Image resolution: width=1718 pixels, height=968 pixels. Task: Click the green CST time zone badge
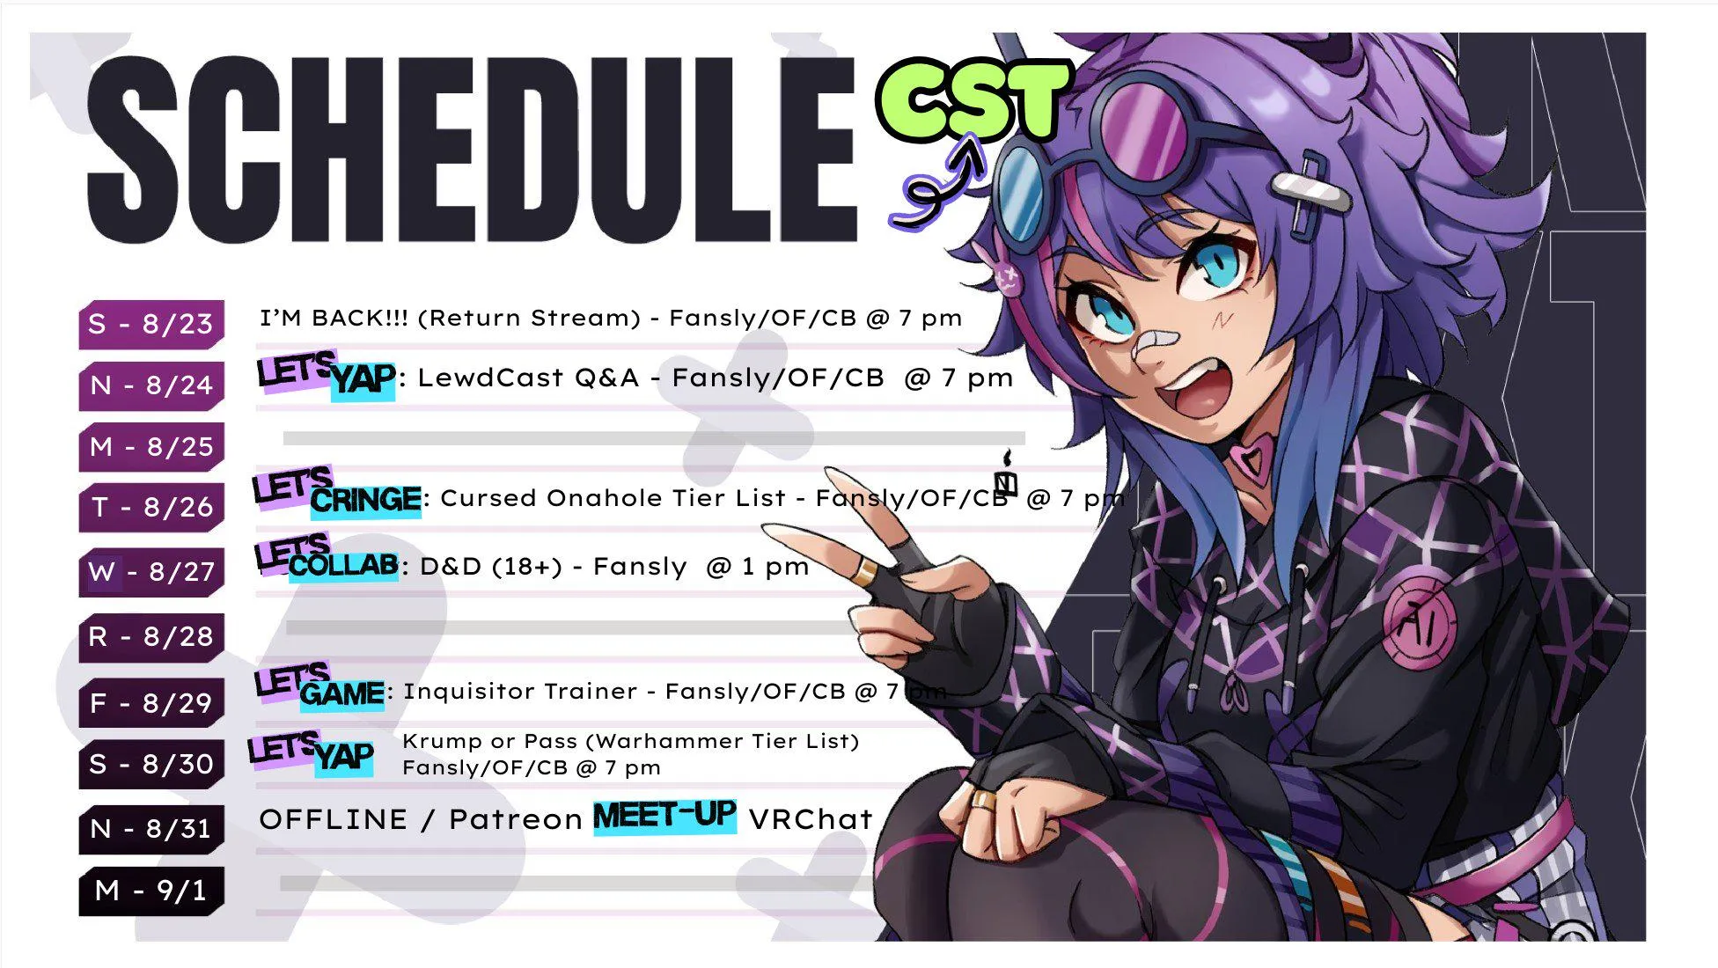pos(973,99)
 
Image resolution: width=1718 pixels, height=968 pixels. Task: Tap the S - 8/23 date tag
pos(151,324)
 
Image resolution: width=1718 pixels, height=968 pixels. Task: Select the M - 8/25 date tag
pos(151,446)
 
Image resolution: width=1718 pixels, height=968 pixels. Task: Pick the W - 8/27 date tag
pos(151,572)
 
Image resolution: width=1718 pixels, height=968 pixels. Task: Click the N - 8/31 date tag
pos(151,828)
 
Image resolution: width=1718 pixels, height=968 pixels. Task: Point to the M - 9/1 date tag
pos(151,891)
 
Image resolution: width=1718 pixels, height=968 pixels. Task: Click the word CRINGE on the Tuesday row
pos(366,501)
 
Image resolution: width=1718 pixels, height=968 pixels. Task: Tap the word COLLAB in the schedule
pos(343,565)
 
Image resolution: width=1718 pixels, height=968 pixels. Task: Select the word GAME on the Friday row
pos(341,693)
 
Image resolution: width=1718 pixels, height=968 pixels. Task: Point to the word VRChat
pos(811,819)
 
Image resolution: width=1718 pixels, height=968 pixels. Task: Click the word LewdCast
pos(489,378)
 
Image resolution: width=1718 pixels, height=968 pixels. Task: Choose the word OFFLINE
pos(333,819)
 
